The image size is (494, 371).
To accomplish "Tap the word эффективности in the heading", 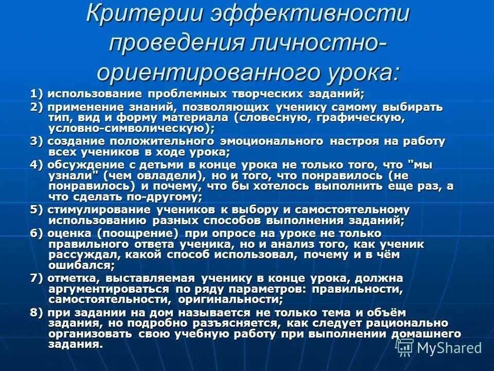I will pos(308,13).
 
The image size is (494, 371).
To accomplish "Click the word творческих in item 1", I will pos(266,94).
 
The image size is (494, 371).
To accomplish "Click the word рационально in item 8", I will pos(396,324).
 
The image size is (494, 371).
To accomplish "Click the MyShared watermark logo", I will pos(440,347).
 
